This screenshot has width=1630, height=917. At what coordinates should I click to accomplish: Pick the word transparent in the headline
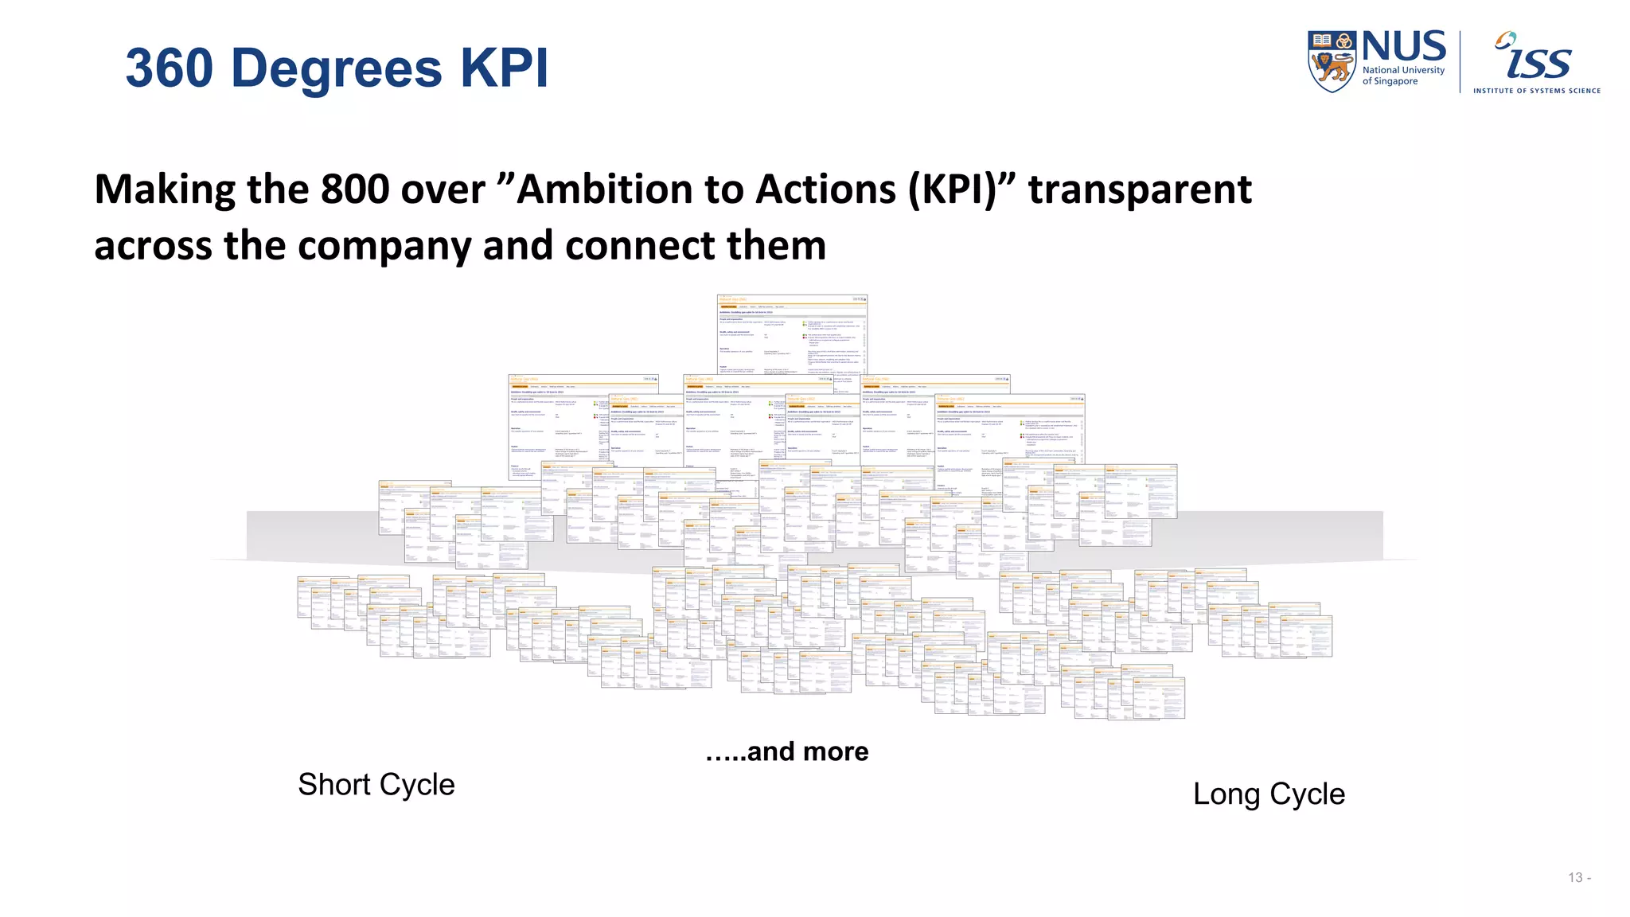(1140, 189)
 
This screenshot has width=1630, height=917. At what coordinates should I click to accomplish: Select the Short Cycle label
(376, 785)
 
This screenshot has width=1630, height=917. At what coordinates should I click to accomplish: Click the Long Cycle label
(1269, 794)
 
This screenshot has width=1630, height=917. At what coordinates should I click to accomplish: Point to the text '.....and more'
(786, 751)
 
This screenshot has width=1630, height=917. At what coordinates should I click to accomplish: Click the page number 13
(1575, 877)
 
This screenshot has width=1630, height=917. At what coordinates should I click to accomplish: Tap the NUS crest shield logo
(1332, 61)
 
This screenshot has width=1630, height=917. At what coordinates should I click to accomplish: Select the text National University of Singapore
(1403, 76)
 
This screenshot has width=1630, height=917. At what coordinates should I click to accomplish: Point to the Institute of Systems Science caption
(1536, 91)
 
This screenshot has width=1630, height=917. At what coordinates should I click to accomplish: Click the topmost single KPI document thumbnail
(792, 334)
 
